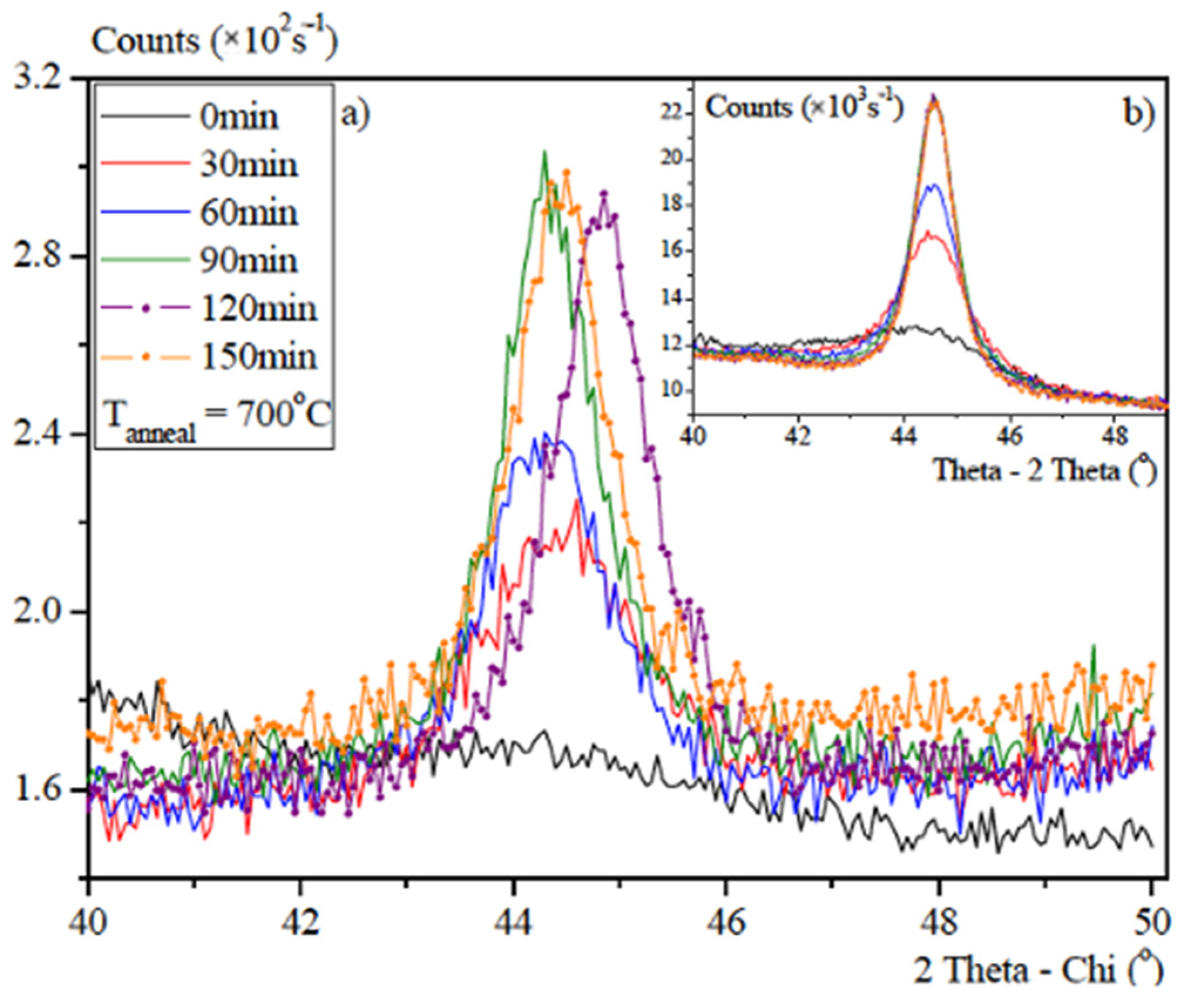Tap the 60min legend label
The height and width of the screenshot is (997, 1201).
[x=249, y=213]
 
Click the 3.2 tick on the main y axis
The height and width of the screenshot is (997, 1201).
[x=36, y=78]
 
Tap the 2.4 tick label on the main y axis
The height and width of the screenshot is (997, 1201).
[x=36, y=435]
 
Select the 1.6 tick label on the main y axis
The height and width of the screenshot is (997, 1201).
[x=36, y=790]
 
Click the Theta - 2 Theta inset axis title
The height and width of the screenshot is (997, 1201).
[x=1044, y=471]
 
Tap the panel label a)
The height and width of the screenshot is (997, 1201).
[x=355, y=115]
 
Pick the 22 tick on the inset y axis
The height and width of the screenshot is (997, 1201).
[x=671, y=112]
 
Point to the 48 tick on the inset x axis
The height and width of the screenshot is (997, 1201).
[x=1115, y=437]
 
